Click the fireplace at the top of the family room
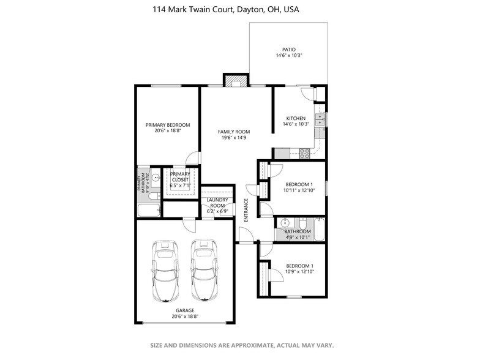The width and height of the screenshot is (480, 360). pyautogui.click(x=236, y=80)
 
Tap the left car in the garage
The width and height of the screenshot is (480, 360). pyautogui.click(x=165, y=270)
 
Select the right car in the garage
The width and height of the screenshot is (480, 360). pyautogui.click(x=204, y=270)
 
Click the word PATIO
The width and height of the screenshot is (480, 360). pyautogui.click(x=289, y=49)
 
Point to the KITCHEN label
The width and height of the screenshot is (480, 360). pyautogui.click(x=296, y=118)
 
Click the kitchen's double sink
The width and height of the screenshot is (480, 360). pyautogui.click(x=319, y=119)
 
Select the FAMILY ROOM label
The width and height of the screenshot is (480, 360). pyautogui.click(x=234, y=132)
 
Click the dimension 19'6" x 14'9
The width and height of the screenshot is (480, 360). pyautogui.click(x=234, y=138)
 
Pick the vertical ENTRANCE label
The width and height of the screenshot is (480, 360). pyautogui.click(x=246, y=210)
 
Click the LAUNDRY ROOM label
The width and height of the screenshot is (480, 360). pyautogui.click(x=217, y=203)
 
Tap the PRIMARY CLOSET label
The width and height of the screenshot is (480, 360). pyautogui.click(x=181, y=177)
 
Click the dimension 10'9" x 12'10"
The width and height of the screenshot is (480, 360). pyautogui.click(x=299, y=271)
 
